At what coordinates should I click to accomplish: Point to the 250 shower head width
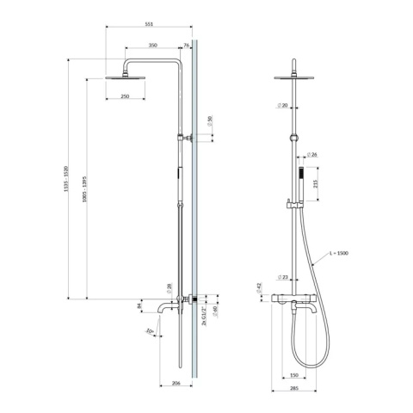click(125, 97)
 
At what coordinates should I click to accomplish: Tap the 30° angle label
click(149, 330)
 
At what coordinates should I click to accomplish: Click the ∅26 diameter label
click(313, 156)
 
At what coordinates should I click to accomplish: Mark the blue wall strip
click(196, 215)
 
